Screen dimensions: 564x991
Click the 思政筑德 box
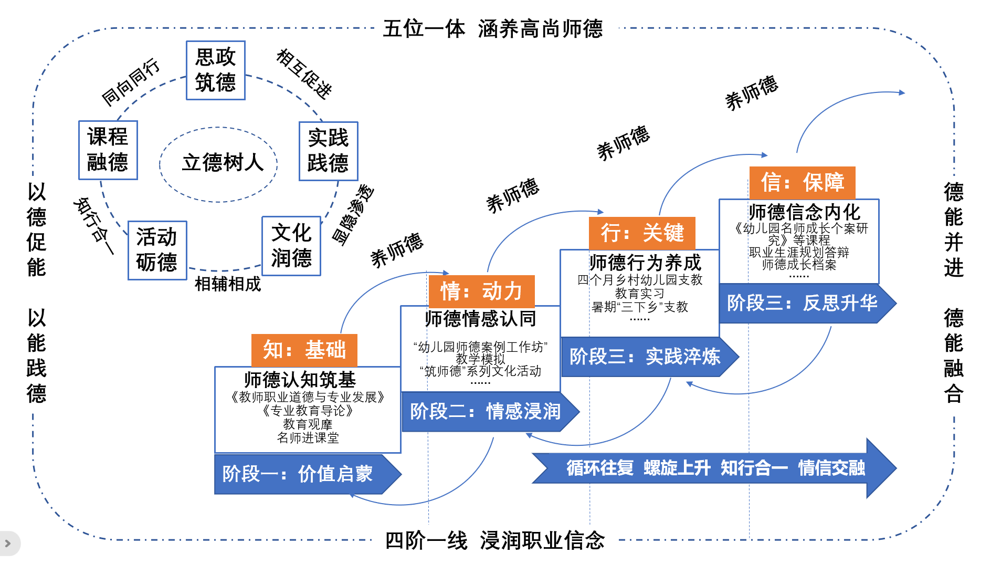click(215, 70)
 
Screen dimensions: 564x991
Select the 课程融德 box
click(108, 150)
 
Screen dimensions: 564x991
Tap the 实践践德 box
click(328, 151)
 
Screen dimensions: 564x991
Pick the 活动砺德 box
click(157, 250)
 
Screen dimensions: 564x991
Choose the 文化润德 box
click(291, 246)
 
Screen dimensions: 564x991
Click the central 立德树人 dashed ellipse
click(218, 164)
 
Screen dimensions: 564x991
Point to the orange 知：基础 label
click(304, 350)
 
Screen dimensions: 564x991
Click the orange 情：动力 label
click(481, 291)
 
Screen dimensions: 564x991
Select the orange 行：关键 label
click(642, 233)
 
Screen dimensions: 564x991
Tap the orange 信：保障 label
click(802, 183)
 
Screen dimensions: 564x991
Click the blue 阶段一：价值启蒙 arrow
click(304, 474)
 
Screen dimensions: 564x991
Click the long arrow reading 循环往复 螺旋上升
click(714, 468)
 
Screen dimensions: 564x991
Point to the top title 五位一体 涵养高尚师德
click(493, 29)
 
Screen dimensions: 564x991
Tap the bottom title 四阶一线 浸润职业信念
click(494, 540)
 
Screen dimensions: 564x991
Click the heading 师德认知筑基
click(300, 379)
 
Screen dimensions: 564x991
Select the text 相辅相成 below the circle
click(227, 284)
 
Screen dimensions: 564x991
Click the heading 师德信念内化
click(804, 212)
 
